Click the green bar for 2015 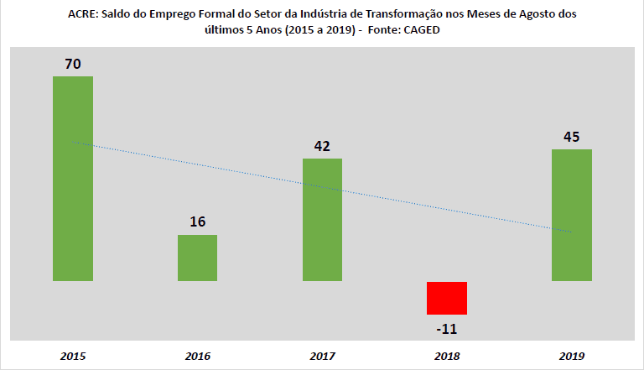tap(72, 179)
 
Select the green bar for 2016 tap(197, 258)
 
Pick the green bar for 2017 tap(322, 220)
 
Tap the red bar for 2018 tap(446, 298)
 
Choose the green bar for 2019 tap(571, 215)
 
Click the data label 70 tap(72, 63)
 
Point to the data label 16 tap(197, 221)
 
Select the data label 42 tap(322, 145)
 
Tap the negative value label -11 tap(446, 328)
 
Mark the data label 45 tap(571, 137)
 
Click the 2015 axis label tap(72, 356)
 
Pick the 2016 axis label tap(197, 356)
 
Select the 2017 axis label tap(322, 356)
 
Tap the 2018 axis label tap(446, 356)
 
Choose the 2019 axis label tap(571, 356)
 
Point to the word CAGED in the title tap(420, 30)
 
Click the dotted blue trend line tap(322, 187)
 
